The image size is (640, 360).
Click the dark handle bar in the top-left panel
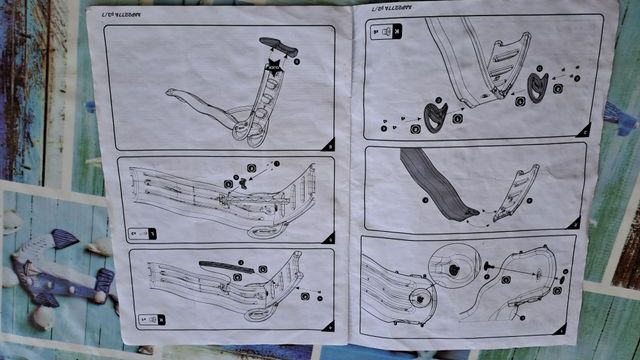[x=278, y=47]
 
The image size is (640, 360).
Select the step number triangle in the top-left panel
[x=329, y=145]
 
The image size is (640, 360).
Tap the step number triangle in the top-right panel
[x=585, y=129]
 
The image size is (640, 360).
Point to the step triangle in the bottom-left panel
[x=326, y=326]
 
